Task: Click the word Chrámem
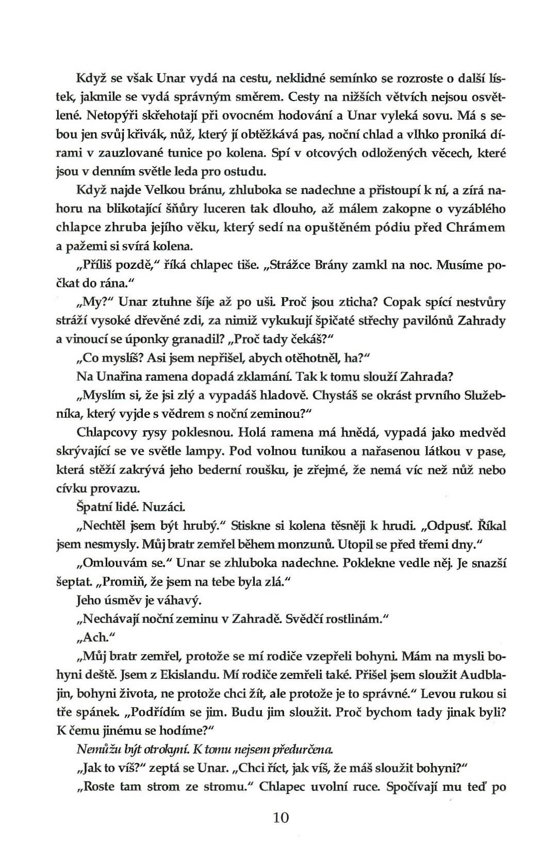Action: coord(474,228)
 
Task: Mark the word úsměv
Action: coord(120,600)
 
